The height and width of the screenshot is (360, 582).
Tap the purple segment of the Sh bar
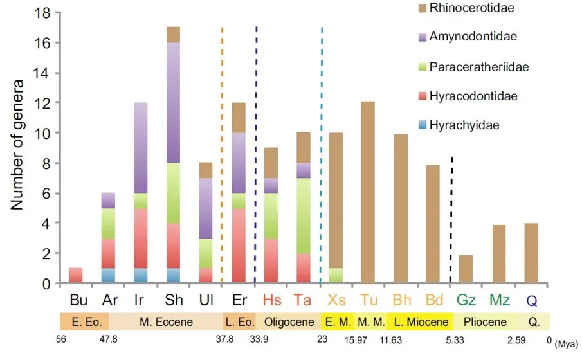172,103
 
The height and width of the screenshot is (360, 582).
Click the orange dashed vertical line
222,154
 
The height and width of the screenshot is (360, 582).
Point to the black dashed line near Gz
450,219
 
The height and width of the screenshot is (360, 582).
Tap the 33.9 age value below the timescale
258,340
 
